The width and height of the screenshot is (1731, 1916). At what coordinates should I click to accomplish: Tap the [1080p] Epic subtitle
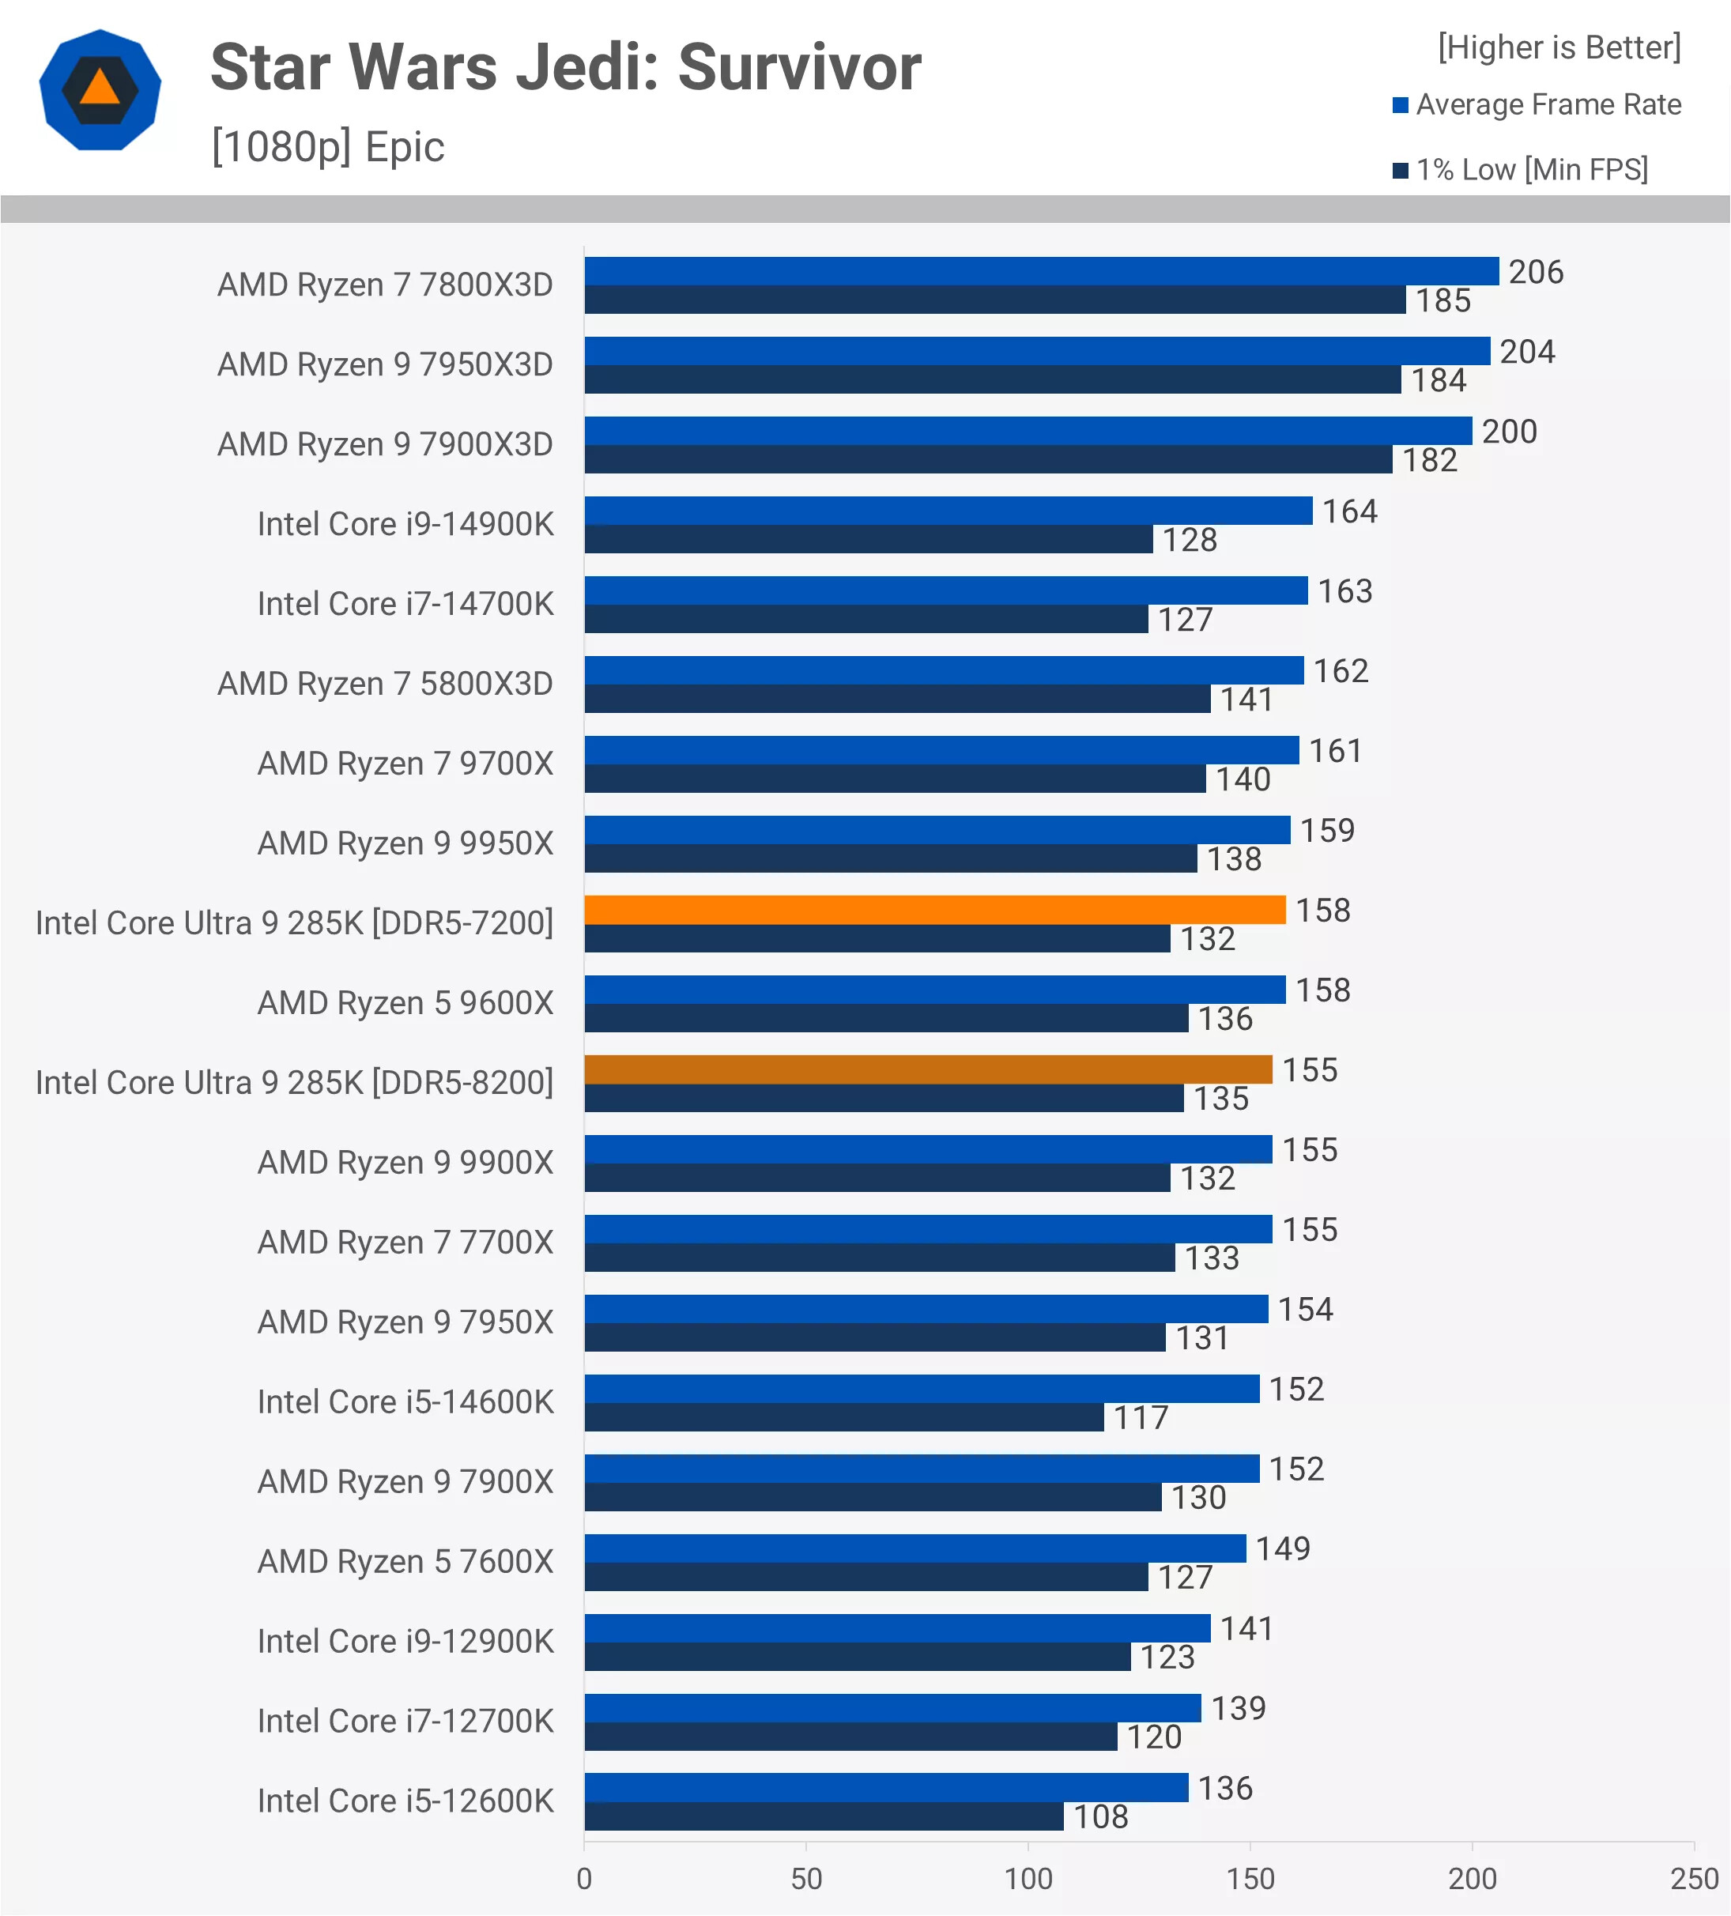point(328,147)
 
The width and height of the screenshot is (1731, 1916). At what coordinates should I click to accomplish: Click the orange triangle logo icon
point(100,90)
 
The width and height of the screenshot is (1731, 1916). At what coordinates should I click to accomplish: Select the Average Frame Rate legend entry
point(1537,104)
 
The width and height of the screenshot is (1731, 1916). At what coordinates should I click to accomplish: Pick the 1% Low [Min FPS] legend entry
point(1521,170)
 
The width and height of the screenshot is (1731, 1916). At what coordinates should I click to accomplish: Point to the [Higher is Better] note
point(1559,47)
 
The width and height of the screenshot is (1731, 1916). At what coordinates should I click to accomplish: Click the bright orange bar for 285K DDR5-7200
point(934,910)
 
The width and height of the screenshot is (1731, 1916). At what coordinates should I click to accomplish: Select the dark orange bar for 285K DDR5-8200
point(928,1069)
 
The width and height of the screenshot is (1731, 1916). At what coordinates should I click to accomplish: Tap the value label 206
point(1535,273)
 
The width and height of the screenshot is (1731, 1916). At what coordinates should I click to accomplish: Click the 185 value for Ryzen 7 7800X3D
point(1442,301)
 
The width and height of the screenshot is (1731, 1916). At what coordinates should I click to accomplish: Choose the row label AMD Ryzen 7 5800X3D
point(385,685)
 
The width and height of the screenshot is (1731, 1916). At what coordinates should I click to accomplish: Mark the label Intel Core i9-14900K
point(405,525)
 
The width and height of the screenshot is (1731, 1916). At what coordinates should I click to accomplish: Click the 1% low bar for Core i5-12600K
point(823,1816)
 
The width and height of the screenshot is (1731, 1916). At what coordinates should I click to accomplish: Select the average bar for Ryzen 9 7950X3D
point(1036,351)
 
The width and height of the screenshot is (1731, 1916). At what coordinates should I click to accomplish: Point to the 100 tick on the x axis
point(1028,1879)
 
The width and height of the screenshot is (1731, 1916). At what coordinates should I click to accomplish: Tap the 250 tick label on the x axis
point(1694,1879)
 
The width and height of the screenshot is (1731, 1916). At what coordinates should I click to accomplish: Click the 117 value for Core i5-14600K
point(1140,1418)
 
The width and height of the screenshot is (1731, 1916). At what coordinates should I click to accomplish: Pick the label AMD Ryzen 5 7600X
point(405,1562)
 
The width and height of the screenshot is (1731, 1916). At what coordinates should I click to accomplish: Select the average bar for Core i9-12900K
point(896,1628)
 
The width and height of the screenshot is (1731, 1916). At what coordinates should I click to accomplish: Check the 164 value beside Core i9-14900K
point(1349,512)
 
